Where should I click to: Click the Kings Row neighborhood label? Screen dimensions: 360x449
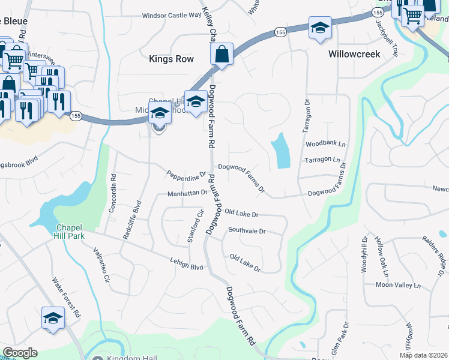[x=171, y=59]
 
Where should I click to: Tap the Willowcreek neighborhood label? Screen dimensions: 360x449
[x=355, y=54]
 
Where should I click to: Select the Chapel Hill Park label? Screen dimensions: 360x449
[x=76, y=231]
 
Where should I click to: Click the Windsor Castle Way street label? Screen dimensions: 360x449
[x=171, y=16]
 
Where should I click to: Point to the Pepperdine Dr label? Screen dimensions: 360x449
[x=187, y=173]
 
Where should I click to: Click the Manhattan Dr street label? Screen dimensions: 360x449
[x=187, y=193]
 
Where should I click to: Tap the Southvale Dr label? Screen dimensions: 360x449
[x=247, y=230]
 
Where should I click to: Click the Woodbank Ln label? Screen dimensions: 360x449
[x=326, y=145]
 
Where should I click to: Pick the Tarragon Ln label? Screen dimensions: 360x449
[x=326, y=161]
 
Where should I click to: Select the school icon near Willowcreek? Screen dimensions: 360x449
[x=320, y=28]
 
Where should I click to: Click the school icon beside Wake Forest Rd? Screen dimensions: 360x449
[x=53, y=318]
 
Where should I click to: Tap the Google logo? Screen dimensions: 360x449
[x=20, y=353]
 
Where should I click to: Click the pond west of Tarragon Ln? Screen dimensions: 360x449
[x=280, y=151]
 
